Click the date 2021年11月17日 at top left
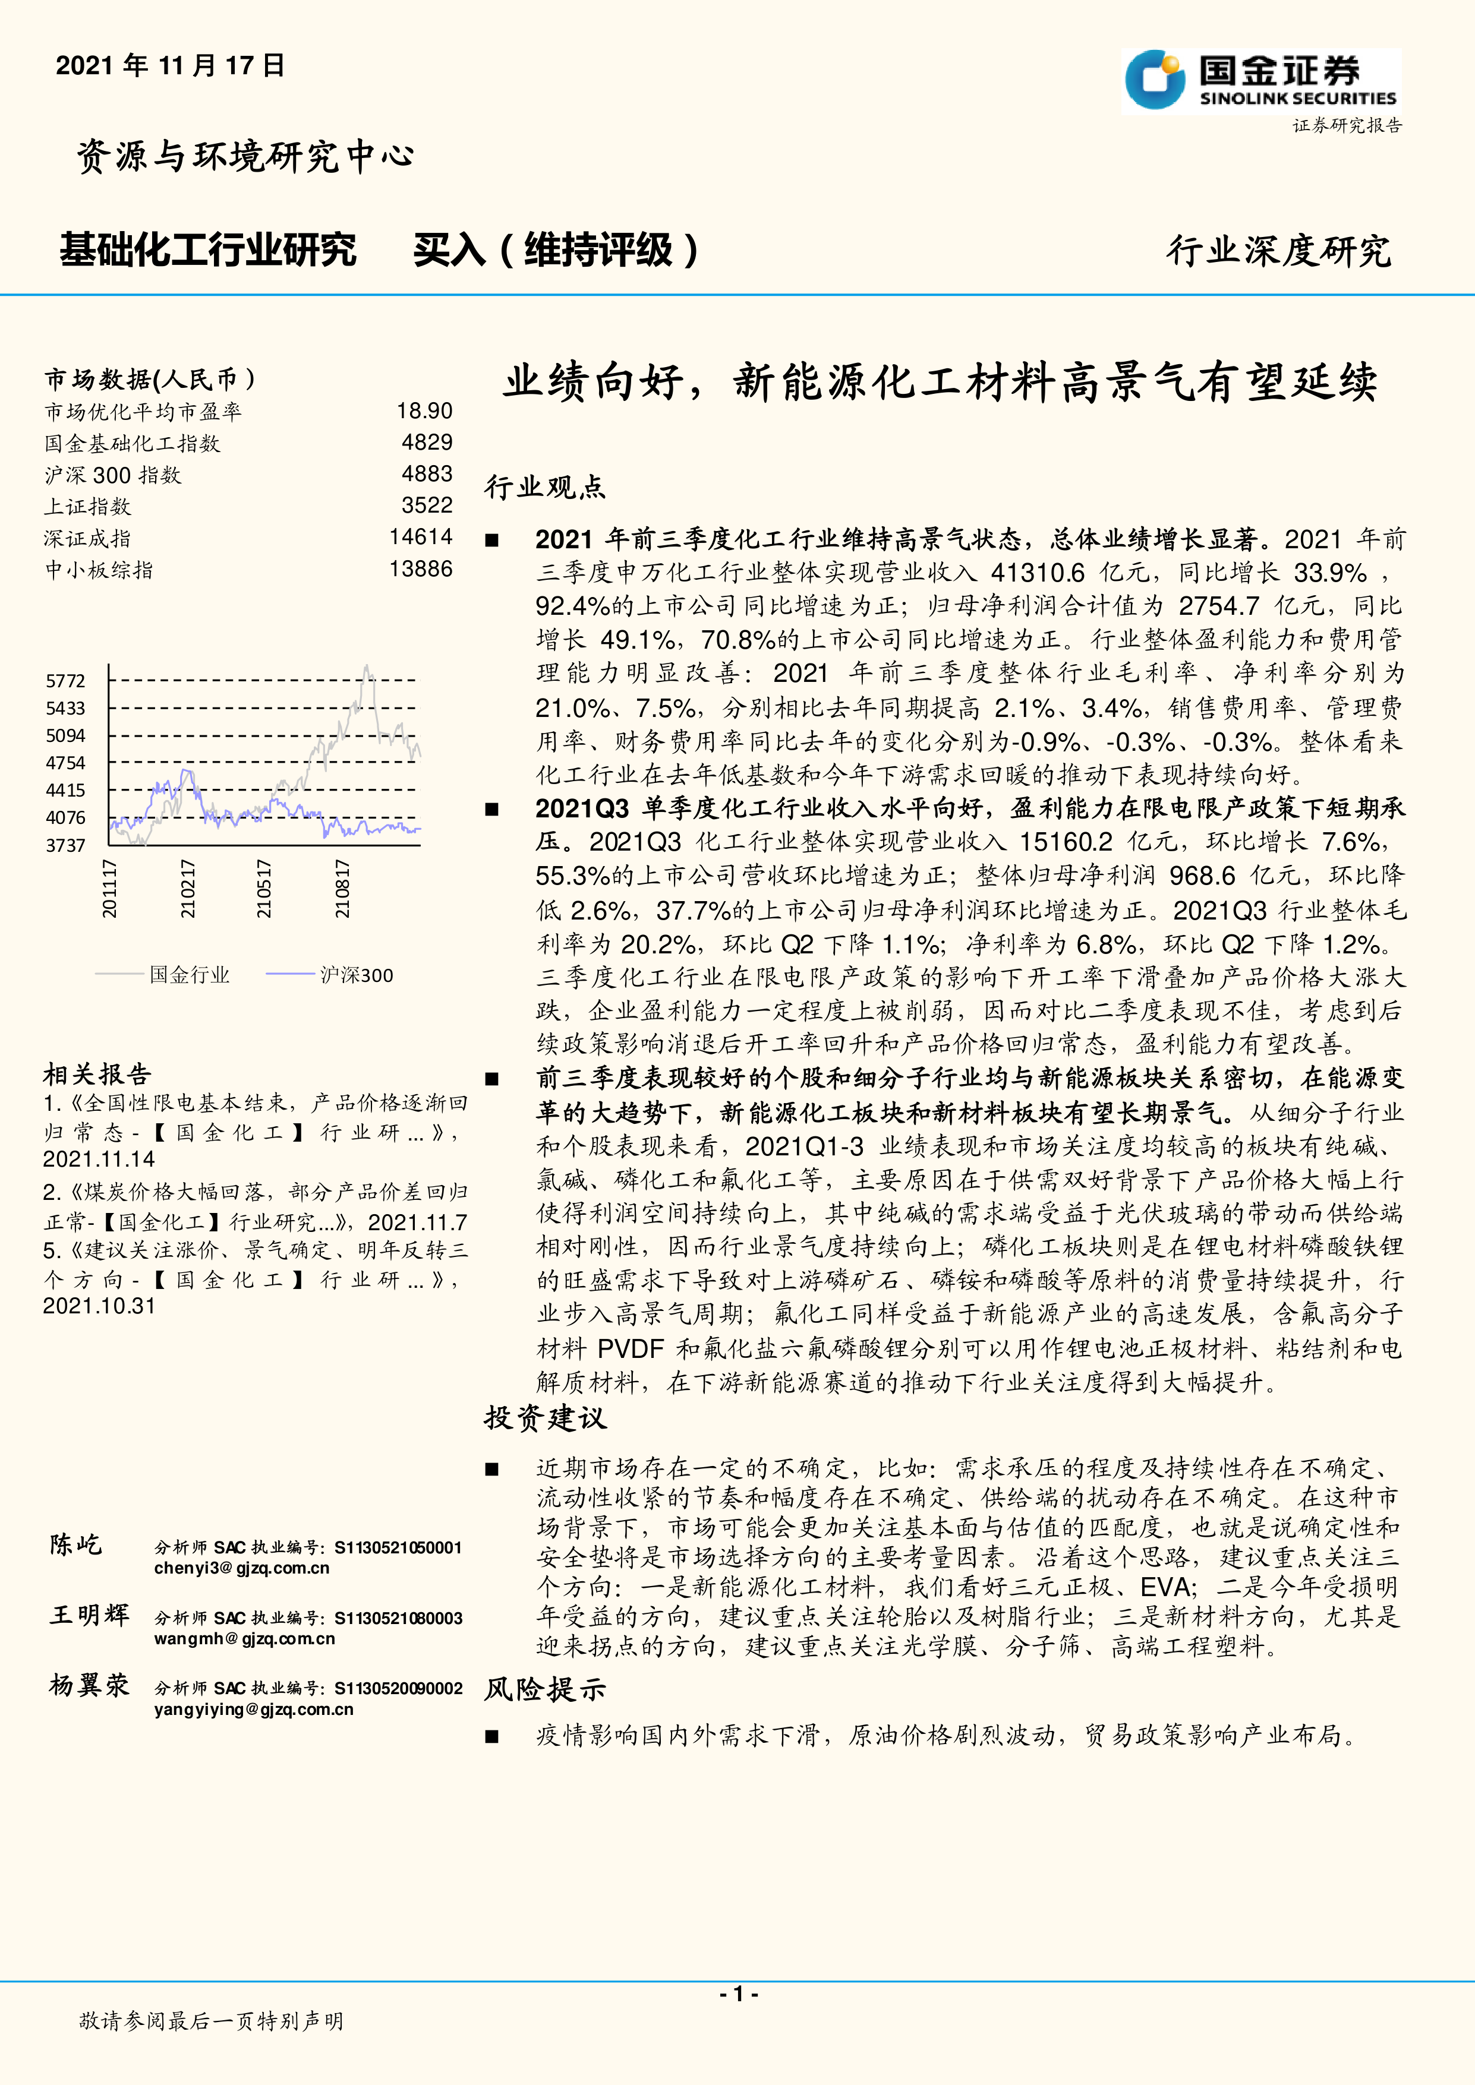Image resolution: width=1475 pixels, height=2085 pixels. coord(171,65)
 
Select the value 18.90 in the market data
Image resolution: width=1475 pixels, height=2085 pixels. coord(424,412)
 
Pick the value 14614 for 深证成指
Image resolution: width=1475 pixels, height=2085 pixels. coord(421,536)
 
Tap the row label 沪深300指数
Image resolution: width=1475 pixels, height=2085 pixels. coord(114,475)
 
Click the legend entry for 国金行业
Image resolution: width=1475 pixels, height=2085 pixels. coord(189,975)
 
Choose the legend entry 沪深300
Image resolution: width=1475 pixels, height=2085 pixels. coord(356,975)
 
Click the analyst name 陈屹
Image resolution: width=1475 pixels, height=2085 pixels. coord(76,1544)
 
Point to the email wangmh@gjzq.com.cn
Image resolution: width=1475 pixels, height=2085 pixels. coord(244,1639)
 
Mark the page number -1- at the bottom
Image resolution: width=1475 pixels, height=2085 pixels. coord(737,1994)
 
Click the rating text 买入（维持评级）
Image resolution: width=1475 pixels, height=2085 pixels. coord(556,251)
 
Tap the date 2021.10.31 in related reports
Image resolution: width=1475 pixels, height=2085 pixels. coord(99,1306)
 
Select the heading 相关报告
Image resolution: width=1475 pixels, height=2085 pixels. coord(97,1075)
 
